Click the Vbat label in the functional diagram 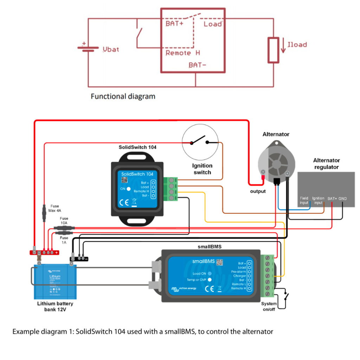(x=111, y=49)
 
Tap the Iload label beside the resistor (x=297, y=45)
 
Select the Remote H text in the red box (x=182, y=53)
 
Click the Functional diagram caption (x=123, y=96)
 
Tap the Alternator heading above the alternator (x=276, y=134)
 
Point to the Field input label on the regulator (x=304, y=200)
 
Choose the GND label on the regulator (x=342, y=199)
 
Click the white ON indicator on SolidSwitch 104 (x=129, y=189)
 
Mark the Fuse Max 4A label (x=54, y=208)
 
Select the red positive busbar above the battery (x=44, y=252)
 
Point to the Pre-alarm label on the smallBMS (x=238, y=272)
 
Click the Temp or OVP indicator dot (x=209, y=280)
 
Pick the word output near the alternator (x=257, y=192)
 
